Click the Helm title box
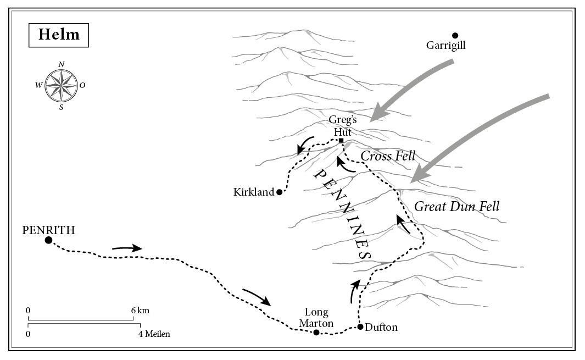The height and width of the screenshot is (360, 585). point(59,35)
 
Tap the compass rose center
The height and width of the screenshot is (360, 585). point(61,86)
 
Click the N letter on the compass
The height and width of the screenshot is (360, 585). point(61,64)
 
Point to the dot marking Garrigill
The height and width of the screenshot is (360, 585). point(455,35)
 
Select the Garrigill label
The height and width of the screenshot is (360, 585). point(445,46)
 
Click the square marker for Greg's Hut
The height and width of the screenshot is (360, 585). point(341,141)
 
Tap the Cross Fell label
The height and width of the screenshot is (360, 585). point(388,156)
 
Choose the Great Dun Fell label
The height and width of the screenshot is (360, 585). point(456,207)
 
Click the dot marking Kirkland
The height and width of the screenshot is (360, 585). point(279,192)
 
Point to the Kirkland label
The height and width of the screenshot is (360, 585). point(253,192)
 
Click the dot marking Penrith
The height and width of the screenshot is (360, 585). point(48,240)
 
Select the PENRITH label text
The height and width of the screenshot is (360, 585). point(48,230)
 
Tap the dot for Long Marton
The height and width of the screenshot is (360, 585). point(316,332)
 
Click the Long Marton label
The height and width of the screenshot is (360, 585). point(316,318)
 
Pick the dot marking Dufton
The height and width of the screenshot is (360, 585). point(360,327)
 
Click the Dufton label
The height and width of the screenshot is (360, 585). point(381,328)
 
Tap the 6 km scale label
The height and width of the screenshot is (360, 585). point(140,311)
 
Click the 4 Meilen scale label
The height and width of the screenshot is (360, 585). point(154,334)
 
